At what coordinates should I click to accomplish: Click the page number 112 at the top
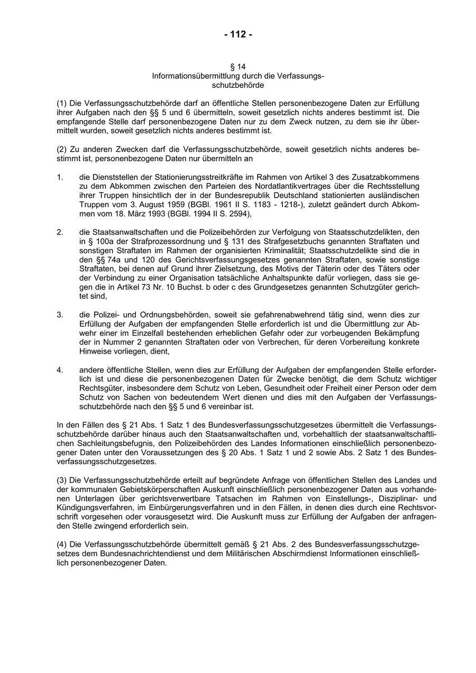pos(238,35)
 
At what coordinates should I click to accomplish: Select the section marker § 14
pos(238,67)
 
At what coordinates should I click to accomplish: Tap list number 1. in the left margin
pos(60,176)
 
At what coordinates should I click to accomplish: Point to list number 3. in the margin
pos(60,315)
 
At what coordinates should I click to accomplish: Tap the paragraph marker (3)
pos(62,480)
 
